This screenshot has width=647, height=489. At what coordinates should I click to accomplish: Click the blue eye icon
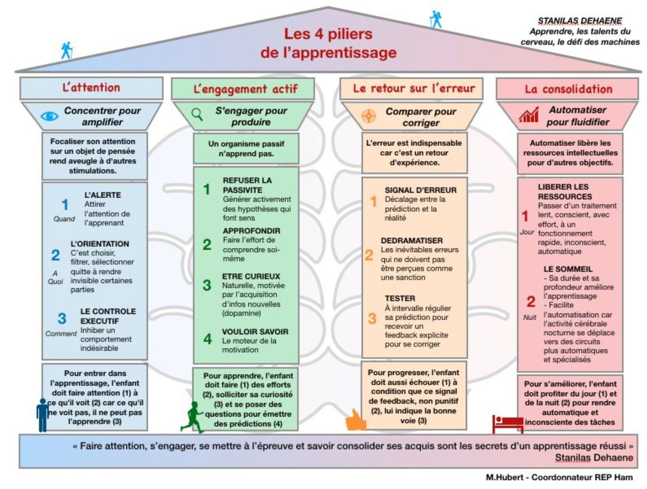[x=49, y=116]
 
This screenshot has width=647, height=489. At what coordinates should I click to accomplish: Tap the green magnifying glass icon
[x=197, y=115]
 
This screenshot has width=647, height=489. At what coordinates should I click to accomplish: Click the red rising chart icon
[x=528, y=115]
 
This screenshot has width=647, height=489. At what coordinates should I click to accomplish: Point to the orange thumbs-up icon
[x=356, y=420]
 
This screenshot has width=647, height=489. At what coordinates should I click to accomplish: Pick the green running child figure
[x=193, y=417]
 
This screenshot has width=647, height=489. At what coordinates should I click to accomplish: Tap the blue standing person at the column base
[x=43, y=415]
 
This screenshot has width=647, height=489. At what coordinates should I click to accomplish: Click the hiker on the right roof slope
[x=436, y=19]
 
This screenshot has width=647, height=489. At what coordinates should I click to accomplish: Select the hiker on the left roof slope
[x=67, y=50]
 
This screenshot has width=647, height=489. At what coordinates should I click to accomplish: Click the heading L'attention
[x=91, y=88]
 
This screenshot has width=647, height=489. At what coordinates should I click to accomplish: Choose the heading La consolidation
[x=568, y=89]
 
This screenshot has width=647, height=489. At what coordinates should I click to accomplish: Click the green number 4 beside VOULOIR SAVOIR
[x=208, y=339]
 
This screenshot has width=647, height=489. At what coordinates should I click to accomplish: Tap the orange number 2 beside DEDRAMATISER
[x=369, y=255]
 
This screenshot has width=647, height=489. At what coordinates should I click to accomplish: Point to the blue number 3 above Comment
[x=62, y=318]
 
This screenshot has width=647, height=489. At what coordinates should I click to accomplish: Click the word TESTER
[x=400, y=298]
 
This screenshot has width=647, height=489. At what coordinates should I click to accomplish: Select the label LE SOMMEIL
[x=568, y=269]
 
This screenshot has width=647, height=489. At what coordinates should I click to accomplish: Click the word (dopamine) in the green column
[x=241, y=313]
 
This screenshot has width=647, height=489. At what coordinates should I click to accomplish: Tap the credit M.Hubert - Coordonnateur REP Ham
[x=559, y=477]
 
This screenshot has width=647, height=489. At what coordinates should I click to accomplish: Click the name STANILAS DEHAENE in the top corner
[x=580, y=21]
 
